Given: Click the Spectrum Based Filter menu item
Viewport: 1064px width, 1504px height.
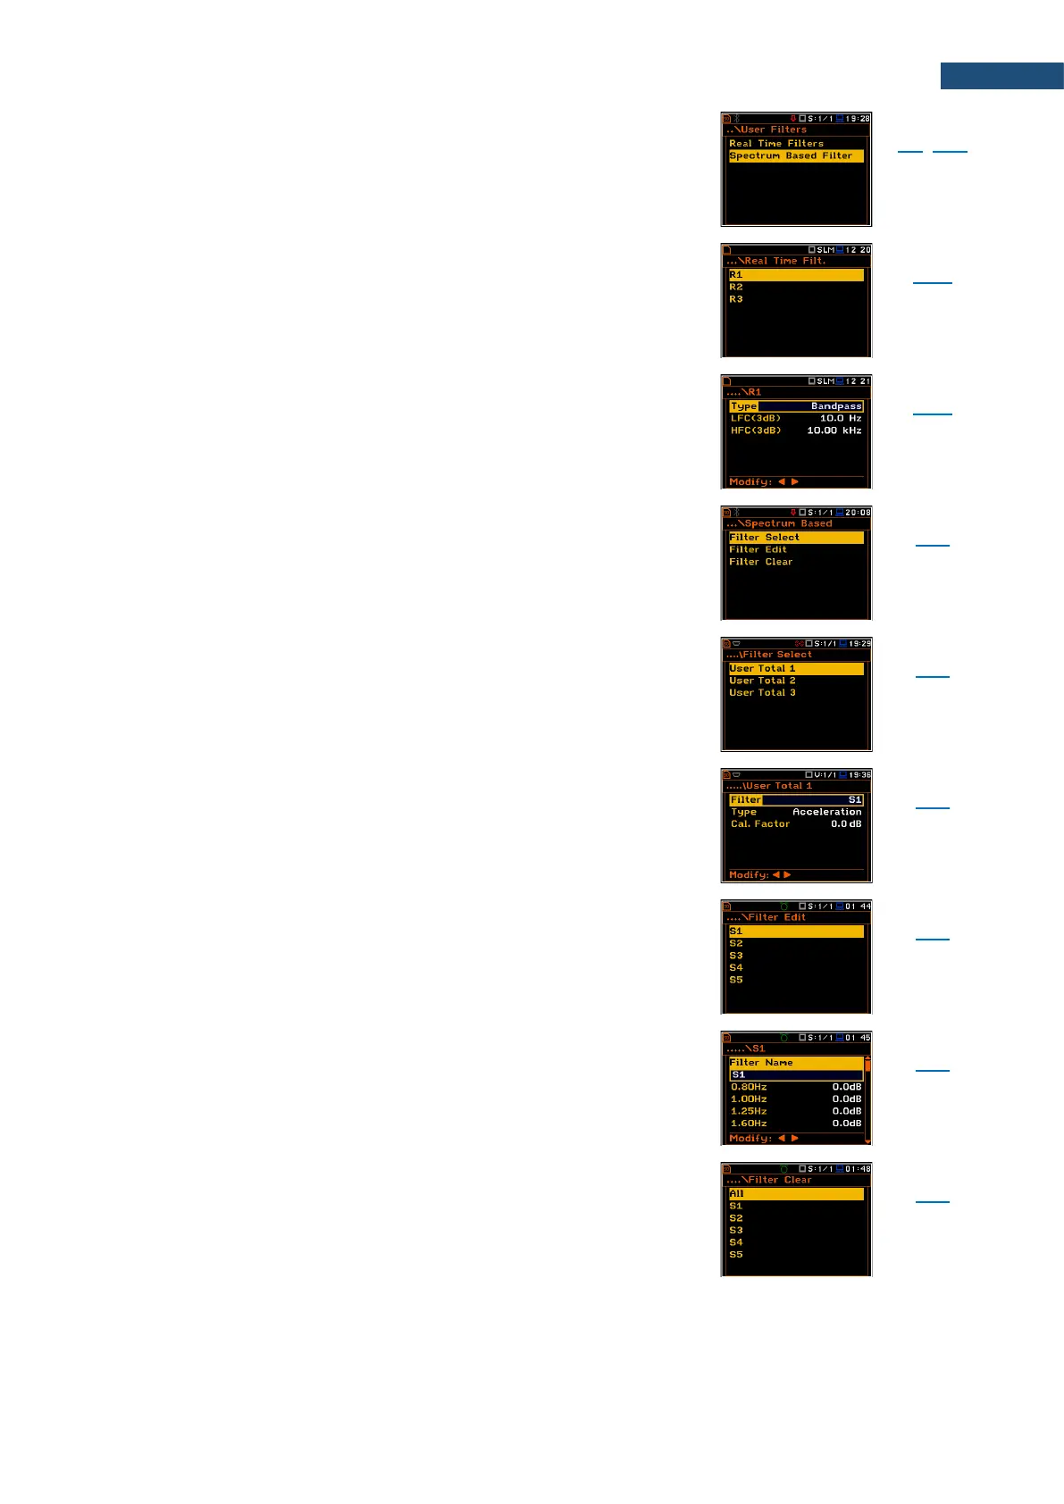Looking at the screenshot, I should click(791, 155).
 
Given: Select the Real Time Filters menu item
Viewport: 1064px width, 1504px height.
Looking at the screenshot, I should click(776, 143).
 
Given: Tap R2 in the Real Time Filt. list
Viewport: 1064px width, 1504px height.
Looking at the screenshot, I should click(736, 287).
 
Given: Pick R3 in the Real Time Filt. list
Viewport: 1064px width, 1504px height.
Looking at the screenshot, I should click(736, 299).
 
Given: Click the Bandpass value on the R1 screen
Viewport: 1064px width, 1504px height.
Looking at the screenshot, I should click(836, 406).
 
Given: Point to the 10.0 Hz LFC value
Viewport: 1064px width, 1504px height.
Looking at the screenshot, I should click(841, 418).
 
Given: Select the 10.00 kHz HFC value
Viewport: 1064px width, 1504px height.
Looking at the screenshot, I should click(834, 430).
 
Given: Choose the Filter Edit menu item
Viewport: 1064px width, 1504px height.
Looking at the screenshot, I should click(758, 549).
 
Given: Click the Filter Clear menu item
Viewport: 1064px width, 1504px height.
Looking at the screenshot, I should click(760, 562).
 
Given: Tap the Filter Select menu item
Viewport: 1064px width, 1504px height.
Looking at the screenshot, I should click(764, 538).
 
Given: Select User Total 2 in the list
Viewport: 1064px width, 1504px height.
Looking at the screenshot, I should click(762, 681).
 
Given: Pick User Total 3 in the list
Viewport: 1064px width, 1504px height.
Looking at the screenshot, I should click(762, 693).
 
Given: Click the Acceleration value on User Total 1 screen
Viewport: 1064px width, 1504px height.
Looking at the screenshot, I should click(826, 812).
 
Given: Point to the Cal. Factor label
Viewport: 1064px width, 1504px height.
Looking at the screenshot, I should click(760, 824).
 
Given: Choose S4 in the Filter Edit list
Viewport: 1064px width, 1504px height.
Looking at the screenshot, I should click(736, 967).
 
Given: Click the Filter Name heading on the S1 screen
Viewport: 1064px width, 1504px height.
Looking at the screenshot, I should click(761, 1063).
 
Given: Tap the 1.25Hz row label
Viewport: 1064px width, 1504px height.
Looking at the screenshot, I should click(749, 1111).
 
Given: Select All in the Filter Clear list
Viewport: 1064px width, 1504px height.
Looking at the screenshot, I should click(737, 1193).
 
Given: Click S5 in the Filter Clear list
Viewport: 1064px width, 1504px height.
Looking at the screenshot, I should click(736, 1255).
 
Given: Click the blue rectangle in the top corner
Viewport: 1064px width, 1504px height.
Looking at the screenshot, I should click(1001, 76).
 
